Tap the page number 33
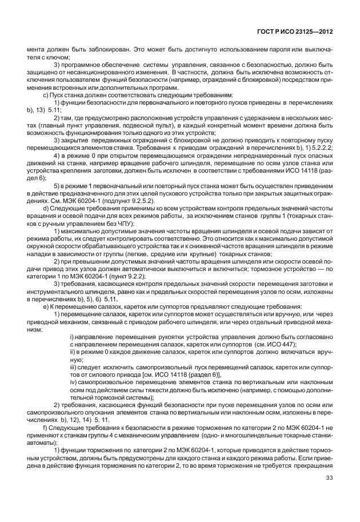[x=329, y=495]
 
